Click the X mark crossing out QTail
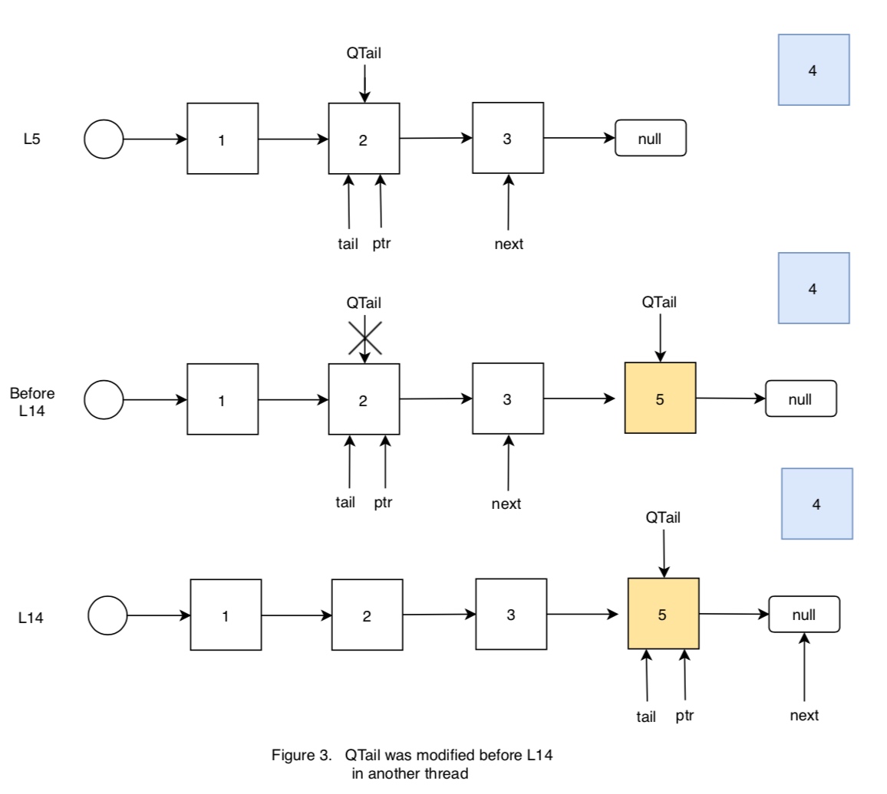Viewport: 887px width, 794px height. (364, 337)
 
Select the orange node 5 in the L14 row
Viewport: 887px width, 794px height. (663, 614)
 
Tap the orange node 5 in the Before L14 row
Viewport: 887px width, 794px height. (660, 399)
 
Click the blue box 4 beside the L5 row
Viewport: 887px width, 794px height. (813, 70)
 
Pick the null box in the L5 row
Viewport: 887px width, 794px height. (651, 138)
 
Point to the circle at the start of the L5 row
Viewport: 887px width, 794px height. (104, 139)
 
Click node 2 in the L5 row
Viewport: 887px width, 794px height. (364, 139)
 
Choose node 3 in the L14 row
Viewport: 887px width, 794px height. (511, 614)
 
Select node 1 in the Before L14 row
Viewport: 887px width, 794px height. (223, 399)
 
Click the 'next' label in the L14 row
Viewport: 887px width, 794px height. (804, 716)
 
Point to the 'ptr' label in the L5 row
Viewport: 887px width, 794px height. (382, 244)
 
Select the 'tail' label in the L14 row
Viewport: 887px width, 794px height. (647, 717)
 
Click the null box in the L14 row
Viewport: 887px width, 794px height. (804, 614)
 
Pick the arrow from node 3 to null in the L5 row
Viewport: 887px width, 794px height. (579, 139)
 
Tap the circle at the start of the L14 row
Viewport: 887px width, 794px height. (107, 615)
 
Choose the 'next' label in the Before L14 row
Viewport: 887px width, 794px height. (506, 504)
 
